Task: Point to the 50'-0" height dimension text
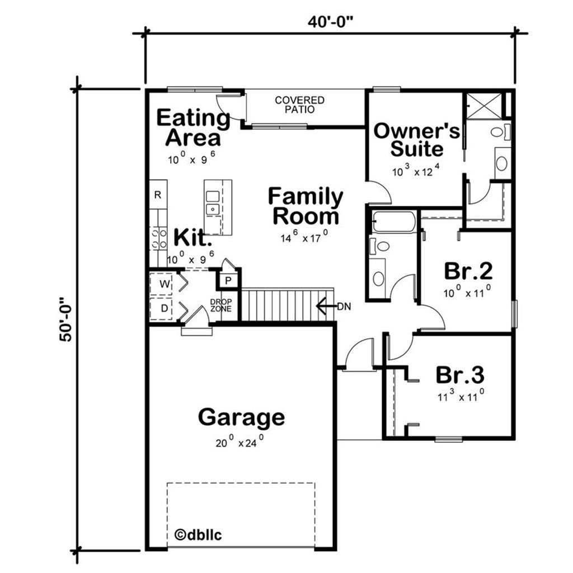[67, 320]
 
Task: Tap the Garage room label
[241, 417]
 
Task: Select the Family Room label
[305, 206]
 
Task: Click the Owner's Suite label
[417, 140]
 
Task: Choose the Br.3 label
[460, 374]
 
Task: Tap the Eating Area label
[193, 128]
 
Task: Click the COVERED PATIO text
[299, 105]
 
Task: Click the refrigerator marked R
[158, 195]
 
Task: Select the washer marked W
[164, 284]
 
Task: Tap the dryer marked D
[164, 308]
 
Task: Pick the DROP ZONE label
[220, 306]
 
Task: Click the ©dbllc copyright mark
[199, 534]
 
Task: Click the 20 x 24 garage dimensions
[239, 443]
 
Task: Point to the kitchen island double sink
[212, 203]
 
